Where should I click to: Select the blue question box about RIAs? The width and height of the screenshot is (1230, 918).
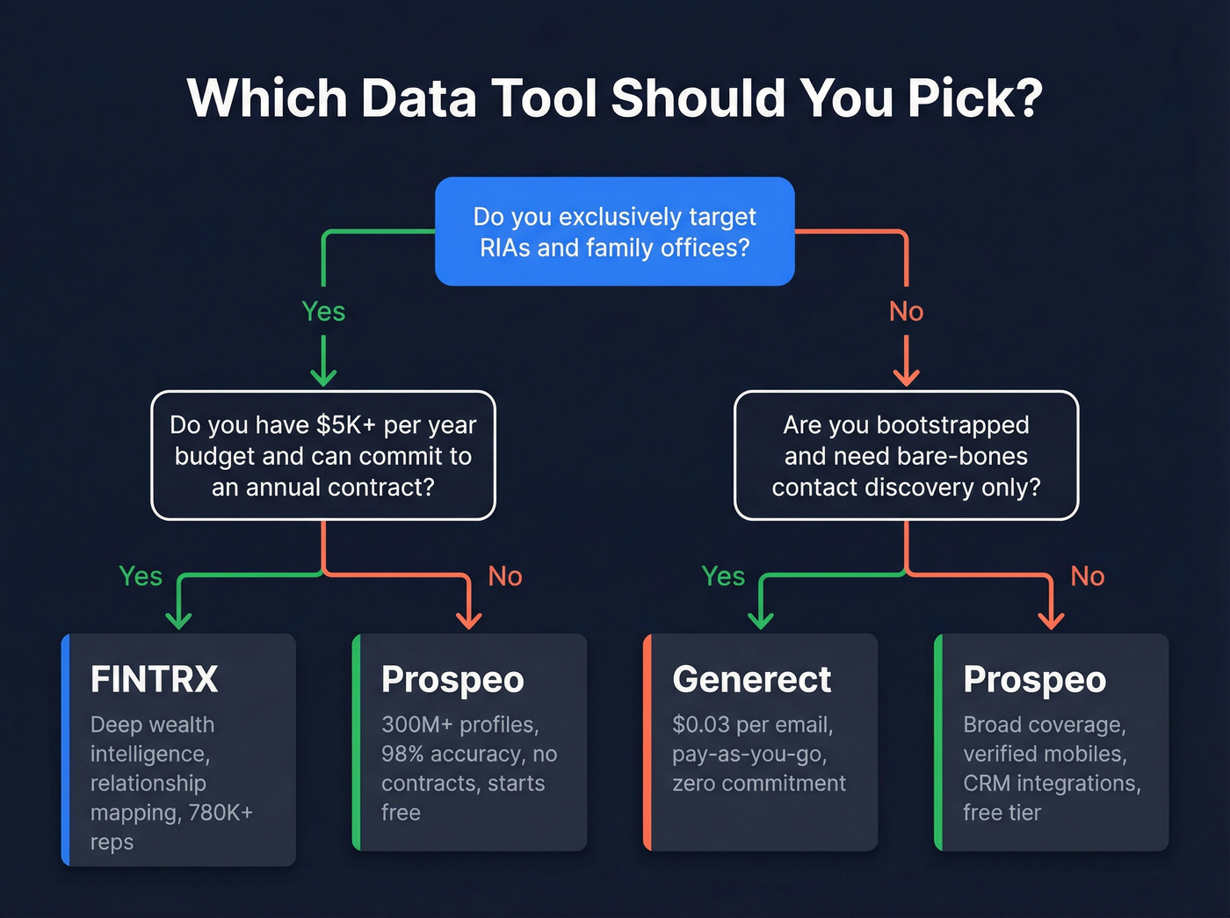(615, 232)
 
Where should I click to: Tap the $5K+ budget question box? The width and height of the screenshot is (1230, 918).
(323, 455)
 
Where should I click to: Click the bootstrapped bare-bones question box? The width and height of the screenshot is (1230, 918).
(906, 455)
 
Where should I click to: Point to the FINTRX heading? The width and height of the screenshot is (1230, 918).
(155, 679)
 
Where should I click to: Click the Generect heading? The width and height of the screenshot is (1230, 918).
(751, 679)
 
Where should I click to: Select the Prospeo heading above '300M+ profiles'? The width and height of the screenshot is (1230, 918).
(452, 679)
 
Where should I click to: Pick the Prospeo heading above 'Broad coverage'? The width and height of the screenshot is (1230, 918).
(1034, 679)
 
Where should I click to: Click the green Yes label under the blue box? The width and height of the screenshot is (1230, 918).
(323, 311)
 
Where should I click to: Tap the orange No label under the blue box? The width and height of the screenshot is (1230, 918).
(906, 311)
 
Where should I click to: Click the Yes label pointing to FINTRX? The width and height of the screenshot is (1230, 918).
(141, 576)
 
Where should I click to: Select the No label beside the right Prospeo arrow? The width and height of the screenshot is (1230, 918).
(1087, 576)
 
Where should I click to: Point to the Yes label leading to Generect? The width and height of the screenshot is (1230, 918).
(723, 576)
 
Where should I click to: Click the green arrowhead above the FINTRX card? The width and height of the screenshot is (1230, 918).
(178, 619)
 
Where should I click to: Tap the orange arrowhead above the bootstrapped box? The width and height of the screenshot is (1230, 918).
(906, 377)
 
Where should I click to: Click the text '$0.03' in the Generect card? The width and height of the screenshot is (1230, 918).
(701, 725)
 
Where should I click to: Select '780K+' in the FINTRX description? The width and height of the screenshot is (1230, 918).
(220, 813)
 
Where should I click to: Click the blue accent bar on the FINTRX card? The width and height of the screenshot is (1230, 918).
(66, 749)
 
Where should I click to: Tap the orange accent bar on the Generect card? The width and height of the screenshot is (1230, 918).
(648, 742)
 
